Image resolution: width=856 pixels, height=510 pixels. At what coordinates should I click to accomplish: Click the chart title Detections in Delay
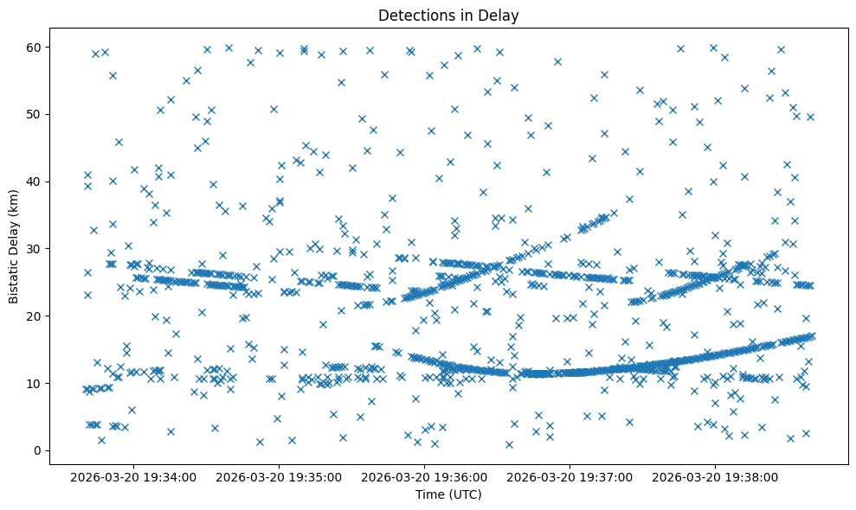(448, 15)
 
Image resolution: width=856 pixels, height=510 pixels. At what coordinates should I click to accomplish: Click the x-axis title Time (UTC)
(448, 494)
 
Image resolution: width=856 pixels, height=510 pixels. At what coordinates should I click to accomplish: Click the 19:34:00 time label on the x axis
(134, 475)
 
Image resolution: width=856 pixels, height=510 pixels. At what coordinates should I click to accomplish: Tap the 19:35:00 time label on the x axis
(280, 475)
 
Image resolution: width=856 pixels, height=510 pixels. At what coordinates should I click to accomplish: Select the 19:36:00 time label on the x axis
(425, 475)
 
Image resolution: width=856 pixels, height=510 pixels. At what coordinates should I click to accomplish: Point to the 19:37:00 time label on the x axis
(570, 475)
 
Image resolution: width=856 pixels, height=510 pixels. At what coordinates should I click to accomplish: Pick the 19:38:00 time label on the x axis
(716, 475)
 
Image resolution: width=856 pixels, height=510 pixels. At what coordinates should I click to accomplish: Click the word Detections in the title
(411, 15)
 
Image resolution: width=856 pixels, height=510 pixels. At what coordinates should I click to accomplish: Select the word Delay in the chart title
(500, 15)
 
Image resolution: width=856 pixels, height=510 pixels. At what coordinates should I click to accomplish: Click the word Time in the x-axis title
(430, 494)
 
